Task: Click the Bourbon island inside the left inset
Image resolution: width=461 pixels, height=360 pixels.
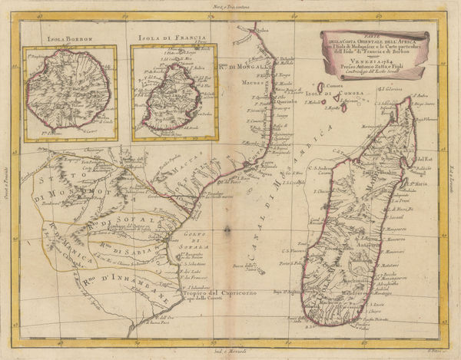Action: (77, 94)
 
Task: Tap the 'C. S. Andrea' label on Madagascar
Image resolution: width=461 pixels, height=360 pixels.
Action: (320, 169)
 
